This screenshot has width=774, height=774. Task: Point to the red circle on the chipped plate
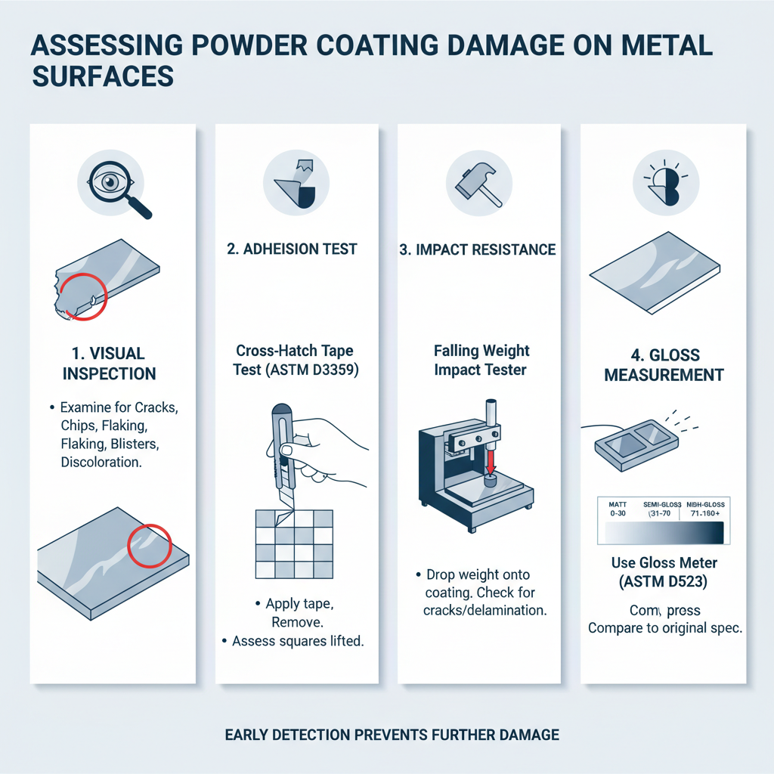(x=82, y=296)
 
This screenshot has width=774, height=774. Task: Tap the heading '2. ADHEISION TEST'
(x=292, y=249)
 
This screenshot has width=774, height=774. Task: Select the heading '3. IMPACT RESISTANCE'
(x=477, y=249)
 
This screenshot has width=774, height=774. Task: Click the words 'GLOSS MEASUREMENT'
(x=664, y=364)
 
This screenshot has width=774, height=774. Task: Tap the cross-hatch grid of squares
(x=293, y=543)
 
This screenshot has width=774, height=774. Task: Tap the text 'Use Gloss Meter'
(x=664, y=563)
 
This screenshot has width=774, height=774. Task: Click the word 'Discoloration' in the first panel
(x=101, y=462)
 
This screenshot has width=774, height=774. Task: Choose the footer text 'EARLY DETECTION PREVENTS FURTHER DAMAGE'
(x=392, y=734)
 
